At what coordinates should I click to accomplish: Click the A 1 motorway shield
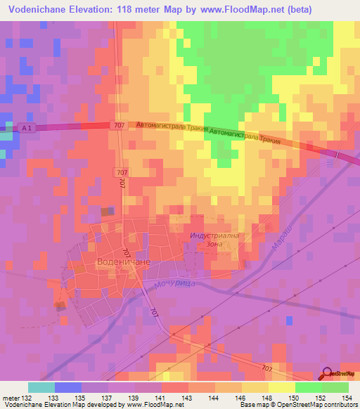coord(27,127)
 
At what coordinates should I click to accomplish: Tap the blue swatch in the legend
coord(67,387)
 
